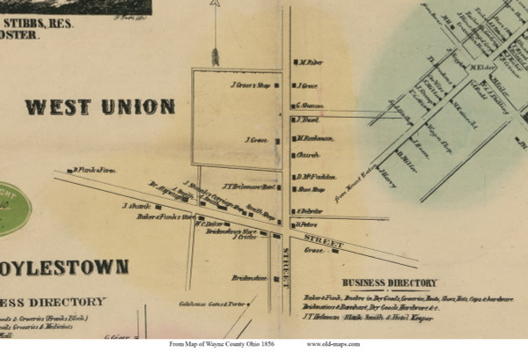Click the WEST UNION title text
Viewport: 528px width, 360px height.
tap(99, 107)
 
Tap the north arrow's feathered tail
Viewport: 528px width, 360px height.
tap(214, 56)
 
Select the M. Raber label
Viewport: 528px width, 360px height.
tap(312, 62)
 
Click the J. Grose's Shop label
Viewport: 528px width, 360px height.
tap(249, 85)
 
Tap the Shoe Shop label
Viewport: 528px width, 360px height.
tap(312, 188)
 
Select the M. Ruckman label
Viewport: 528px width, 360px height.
tap(315, 138)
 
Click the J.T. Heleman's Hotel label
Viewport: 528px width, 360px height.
tap(251, 186)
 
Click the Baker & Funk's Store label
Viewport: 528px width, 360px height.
tap(165, 216)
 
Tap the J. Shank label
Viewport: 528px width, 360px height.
tap(137, 206)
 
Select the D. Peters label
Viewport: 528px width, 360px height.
tap(306, 224)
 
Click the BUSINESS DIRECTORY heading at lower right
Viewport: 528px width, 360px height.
tap(389, 283)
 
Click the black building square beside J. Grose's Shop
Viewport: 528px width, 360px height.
tap(276, 85)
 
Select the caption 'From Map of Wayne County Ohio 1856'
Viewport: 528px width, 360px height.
tap(217, 344)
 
